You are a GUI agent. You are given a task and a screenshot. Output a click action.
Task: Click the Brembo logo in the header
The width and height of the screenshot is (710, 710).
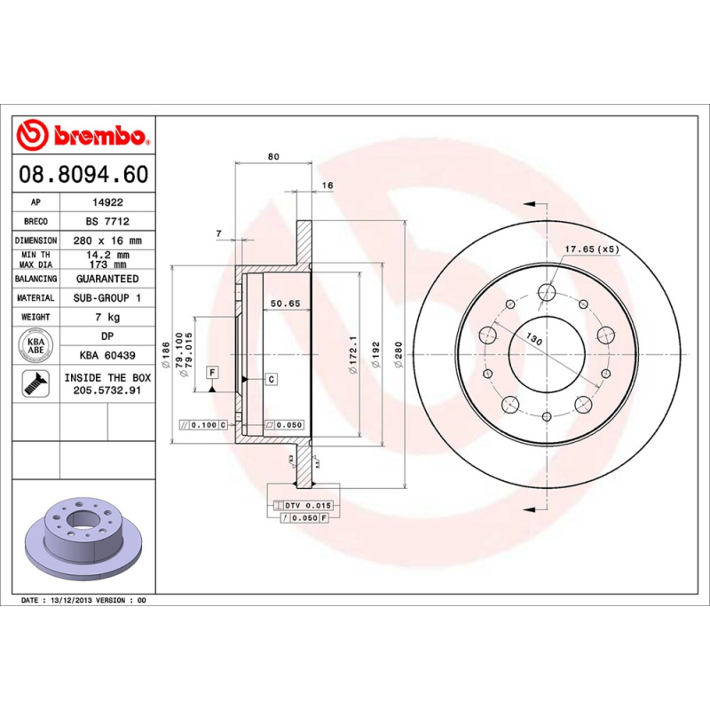(x=83, y=136)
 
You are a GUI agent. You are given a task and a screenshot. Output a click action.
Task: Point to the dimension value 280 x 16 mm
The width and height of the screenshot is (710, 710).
(x=106, y=241)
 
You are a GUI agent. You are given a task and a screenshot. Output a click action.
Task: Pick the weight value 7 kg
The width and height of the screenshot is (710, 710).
(x=106, y=317)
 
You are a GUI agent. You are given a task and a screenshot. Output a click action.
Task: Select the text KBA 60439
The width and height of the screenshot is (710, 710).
(x=106, y=356)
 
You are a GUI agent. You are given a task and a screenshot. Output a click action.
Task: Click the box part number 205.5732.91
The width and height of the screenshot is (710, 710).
(x=106, y=390)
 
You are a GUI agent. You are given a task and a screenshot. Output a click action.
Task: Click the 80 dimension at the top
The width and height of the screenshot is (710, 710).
(x=273, y=156)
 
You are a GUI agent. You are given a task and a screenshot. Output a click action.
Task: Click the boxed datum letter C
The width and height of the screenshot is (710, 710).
(x=271, y=379)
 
